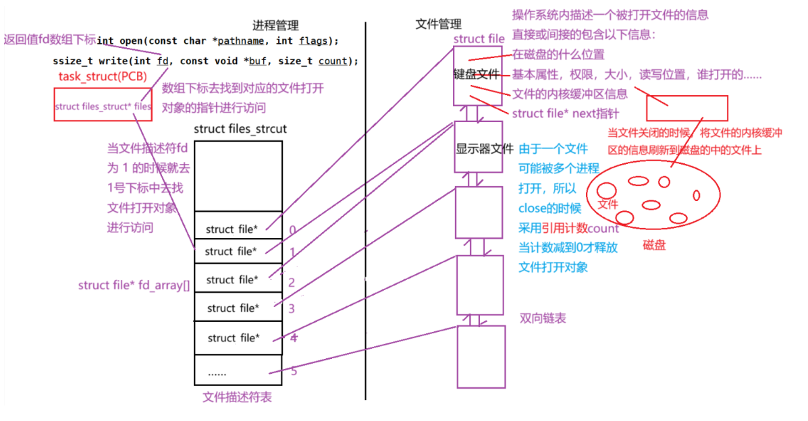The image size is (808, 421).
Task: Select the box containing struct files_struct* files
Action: pyautogui.click(x=102, y=106)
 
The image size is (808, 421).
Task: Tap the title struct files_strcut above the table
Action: pyautogui.click(x=240, y=128)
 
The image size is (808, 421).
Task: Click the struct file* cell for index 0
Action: pyautogui.click(x=232, y=229)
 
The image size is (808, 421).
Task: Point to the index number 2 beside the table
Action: pyautogui.click(x=292, y=283)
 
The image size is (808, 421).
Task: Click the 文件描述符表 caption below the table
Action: pyautogui.click(x=237, y=397)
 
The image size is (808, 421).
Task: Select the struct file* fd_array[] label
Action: pyautogui.click(x=134, y=285)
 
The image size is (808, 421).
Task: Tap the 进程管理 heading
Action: pyautogui.click(x=275, y=25)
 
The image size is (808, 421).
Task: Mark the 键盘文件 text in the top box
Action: pyautogui.click(x=477, y=75)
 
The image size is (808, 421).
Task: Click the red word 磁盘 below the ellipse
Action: pyautogui.click(x=653, y=245)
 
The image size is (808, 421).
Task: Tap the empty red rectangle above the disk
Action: pyautogui.click(x=686, y=108)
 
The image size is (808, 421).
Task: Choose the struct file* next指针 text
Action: pyautogui.click(x=565, y=113)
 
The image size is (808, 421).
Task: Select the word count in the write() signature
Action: pyautogui.click(x=332, y=61)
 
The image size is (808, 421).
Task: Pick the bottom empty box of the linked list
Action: pyautogui.click(x=481, y=357)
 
